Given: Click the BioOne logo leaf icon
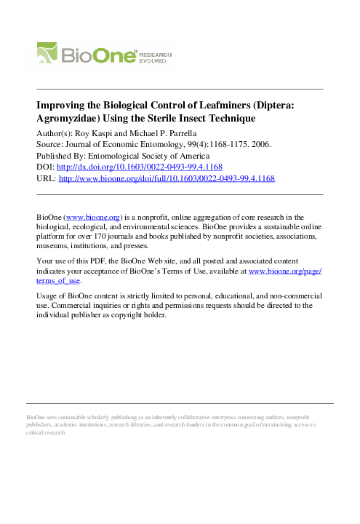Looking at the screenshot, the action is click(50, 54).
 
